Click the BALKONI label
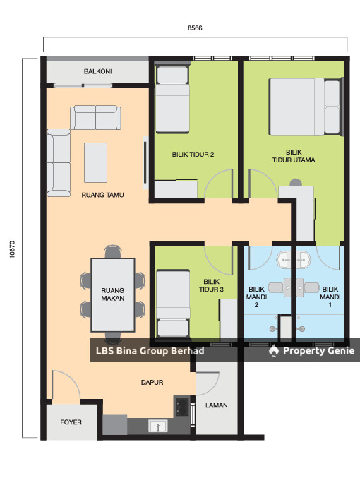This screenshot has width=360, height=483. pyautogui.click(x=97, y=71)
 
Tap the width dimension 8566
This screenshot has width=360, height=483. pyautogui.click(x=195, y=28)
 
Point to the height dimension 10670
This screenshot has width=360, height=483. pyautogui.click(x=12, y=249)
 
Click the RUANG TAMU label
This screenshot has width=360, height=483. pyautogui.click(x=102, y=195)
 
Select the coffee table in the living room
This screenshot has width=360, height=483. pyautogui.click(x=96, y=162)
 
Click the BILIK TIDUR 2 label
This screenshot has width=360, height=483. pyautogui.click(x=193, y=155)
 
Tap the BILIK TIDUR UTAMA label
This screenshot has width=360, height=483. pyautogui.click(x=294, y=156)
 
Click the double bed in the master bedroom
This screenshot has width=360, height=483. pyautogui.click(x=305, y=107)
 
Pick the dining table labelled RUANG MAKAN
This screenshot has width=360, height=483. pyautogui.click(x=113, y=294)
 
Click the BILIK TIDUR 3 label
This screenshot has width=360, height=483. pyautogui.click(x=211, y=285)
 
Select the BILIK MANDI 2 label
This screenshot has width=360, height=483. pyautogui.click(x=256, y=297)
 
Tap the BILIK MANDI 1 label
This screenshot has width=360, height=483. pyautogui.click(x=330, y=297)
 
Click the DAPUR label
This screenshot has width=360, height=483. pyautogui.click(x=152, y=382)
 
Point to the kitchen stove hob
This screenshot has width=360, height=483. pyautogui.click(x=182, y=407)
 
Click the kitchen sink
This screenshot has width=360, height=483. pyautogui.click(x=158, y=426)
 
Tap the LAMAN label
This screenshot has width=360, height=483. pyautogui.click(x=217, y=405)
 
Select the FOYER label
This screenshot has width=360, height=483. pyautogui.click(x=71, y=422)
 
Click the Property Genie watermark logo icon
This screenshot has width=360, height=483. pyautogui.click(x=273, y=351)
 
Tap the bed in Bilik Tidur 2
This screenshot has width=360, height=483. pyautogui.click(x=172, y=100)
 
